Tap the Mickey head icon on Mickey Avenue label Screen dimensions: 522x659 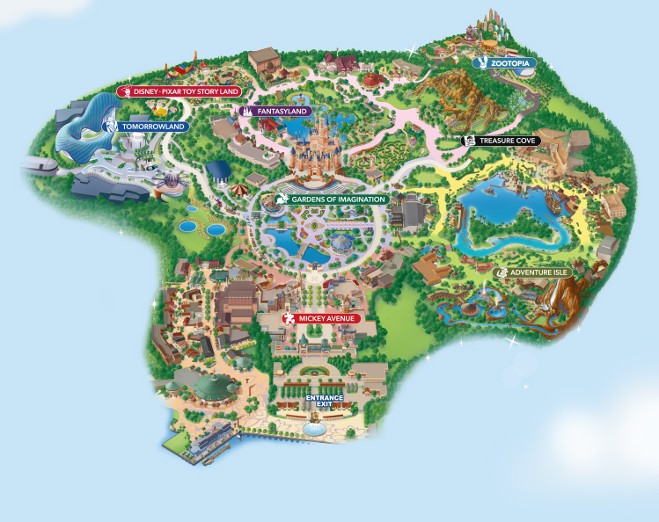(x=290, y=318)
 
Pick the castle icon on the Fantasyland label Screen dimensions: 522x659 (x=247, y=112)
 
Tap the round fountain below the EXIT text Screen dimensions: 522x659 (x=313, y=428)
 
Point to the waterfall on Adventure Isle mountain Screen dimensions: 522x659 (x=552, y=302)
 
